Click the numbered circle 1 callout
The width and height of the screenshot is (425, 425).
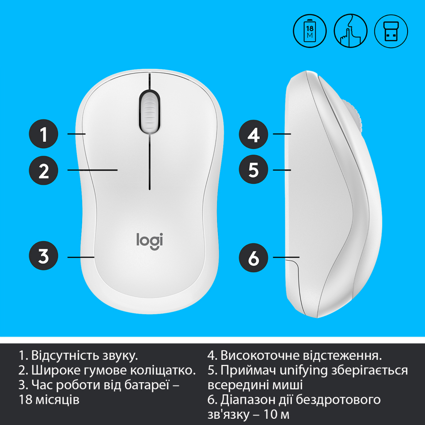click(x=44, y=134)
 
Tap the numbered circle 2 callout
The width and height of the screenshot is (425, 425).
click(x=44, y=170)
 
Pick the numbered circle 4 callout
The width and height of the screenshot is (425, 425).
click(x=254, y=134)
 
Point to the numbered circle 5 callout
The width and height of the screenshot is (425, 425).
click(x=254, y=169)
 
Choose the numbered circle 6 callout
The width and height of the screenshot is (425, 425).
click(x=254, y=257)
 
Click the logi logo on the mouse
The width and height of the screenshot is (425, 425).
click(x=149, y=241)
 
